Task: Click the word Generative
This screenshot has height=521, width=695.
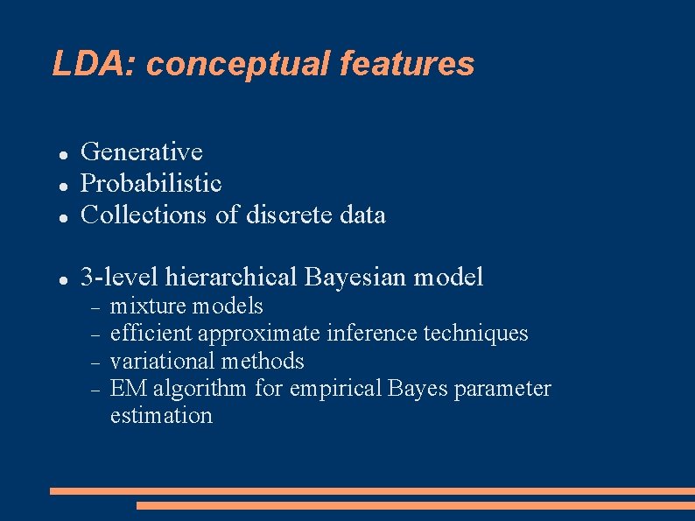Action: (142, 152)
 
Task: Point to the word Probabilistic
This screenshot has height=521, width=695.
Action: (151, 184)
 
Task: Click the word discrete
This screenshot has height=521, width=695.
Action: (286, 215)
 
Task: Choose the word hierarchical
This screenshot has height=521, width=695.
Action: (231, 278)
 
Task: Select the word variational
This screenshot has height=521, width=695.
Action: (164, 361)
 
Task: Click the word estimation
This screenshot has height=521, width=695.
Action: (161, 415)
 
